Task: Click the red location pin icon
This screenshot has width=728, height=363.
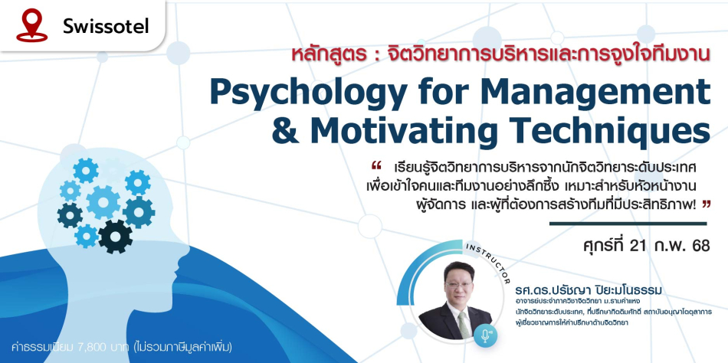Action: pos(31,25)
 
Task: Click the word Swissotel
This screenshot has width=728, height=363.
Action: pos(106,27)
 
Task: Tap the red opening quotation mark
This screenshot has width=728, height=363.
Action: pos(376,165)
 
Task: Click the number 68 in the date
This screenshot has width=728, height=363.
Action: pos(700,247)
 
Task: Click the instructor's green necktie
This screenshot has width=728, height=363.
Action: pos(464,325)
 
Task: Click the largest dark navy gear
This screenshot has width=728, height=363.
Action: pos(115,237)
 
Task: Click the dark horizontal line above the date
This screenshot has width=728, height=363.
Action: pos(628,224)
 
